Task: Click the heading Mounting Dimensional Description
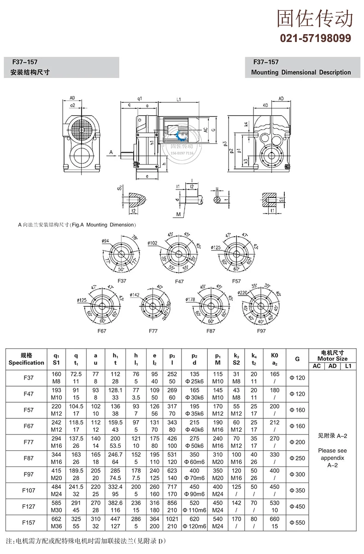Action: pos(300,72)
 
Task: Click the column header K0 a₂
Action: pos(275,359)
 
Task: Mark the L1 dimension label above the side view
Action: pos(178,99)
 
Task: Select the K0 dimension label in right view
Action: pos(265,106)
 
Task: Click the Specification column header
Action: pos(26,359)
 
